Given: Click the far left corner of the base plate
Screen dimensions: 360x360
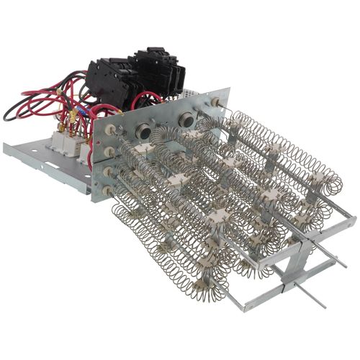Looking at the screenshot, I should (5, 147).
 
